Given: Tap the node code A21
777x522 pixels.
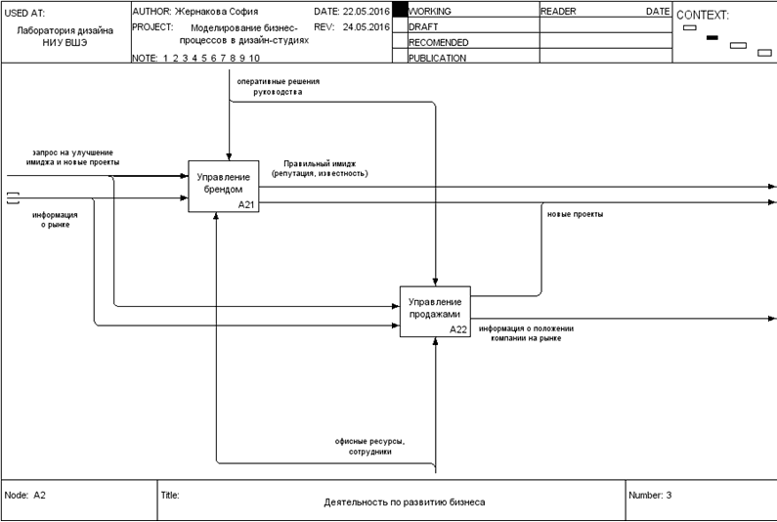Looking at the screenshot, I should (247, 205).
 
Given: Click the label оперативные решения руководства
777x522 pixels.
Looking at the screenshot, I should (277, 87).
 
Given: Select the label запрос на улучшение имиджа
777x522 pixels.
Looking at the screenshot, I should (73, 157).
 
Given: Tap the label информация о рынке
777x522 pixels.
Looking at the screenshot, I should (55, 220).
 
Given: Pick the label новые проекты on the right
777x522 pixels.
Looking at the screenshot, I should (575, 214).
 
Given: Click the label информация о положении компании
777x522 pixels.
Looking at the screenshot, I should (526, 333).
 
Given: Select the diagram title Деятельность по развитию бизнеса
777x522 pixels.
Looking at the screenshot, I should (404, 502).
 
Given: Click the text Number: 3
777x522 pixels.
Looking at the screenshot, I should (651, 496).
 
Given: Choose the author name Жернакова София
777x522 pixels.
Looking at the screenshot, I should (216, 12).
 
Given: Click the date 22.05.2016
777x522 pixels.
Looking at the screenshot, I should (367, 12).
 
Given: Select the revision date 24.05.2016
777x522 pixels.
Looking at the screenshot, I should (367, 26).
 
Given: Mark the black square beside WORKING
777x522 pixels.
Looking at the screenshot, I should (399, 12).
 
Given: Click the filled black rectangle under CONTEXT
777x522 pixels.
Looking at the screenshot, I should (712, 37).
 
